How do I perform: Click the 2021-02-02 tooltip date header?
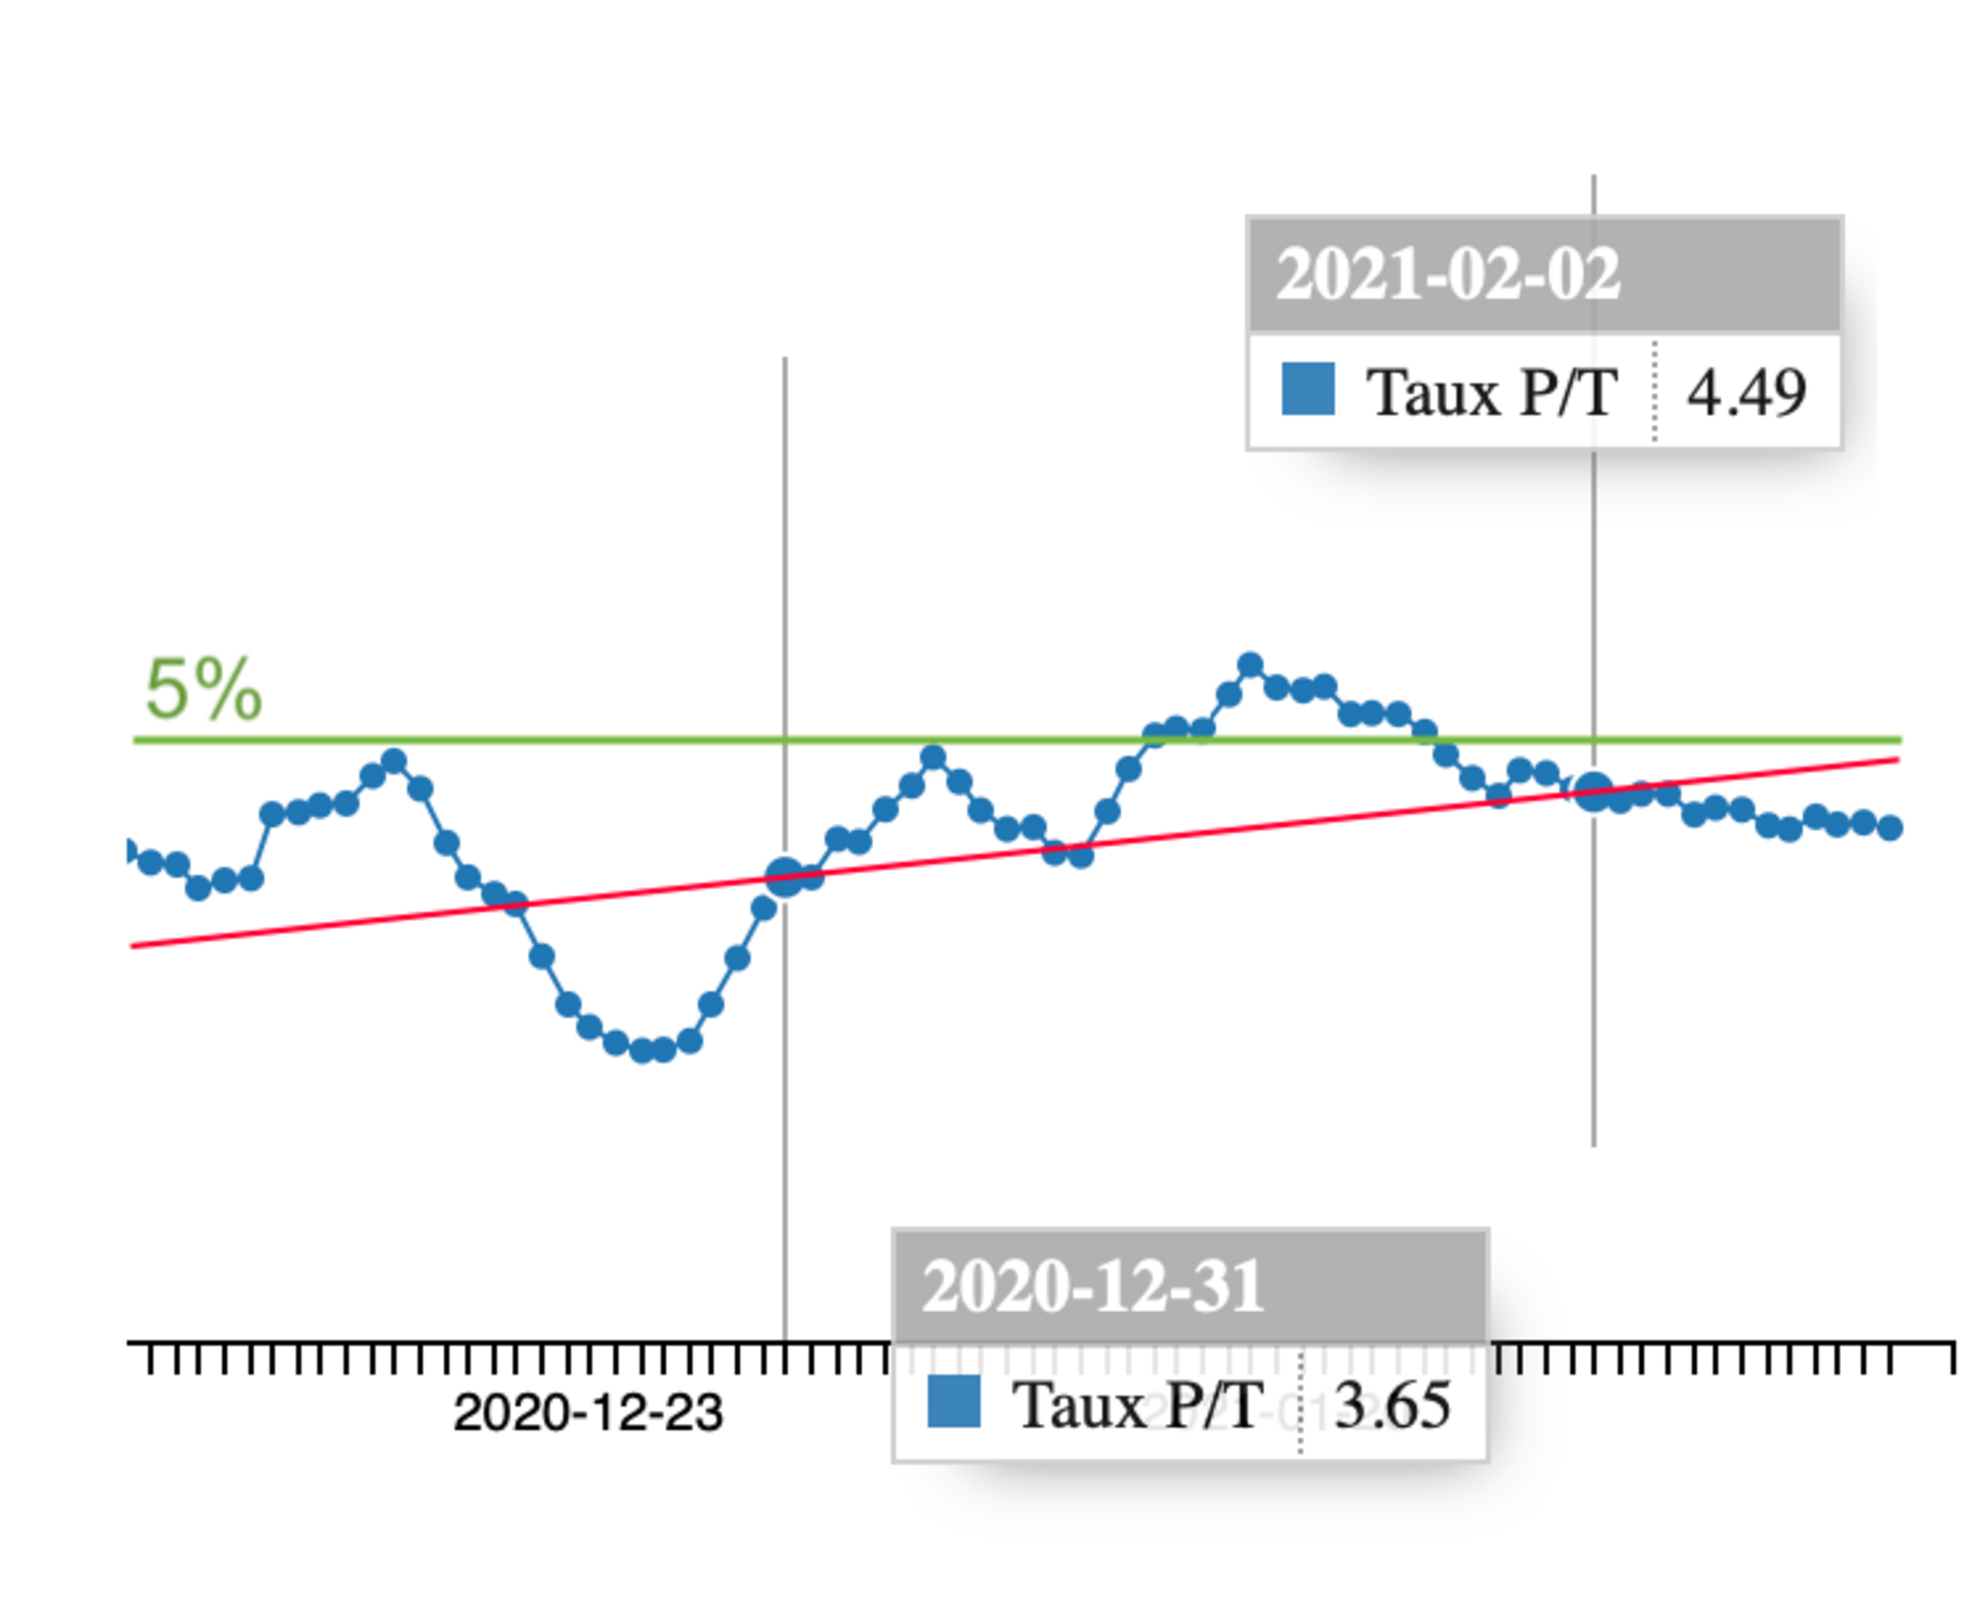coord(1447,274)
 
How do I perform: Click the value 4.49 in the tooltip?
coord(1746,392)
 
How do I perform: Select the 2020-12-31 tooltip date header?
coord(1093,1286)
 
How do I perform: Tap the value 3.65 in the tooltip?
coord(1392,1405)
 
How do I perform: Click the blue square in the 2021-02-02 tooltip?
coord(1308,388)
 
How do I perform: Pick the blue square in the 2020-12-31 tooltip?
coord(953,1401)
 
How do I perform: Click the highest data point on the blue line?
coord(1250,664)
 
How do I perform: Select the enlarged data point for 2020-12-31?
coord(784,876)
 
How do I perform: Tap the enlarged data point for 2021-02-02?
coord(1593,792)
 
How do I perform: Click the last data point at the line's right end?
coord(1890,828)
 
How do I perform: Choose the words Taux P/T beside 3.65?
coord(1137,1406)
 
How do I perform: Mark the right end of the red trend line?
coord(1897,759)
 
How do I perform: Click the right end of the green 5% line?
coord(1899,740)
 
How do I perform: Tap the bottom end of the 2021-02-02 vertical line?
coord(1594,1144)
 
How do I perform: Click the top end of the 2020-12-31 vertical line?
coord(785,359)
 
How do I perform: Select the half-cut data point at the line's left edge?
coord(130,851)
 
